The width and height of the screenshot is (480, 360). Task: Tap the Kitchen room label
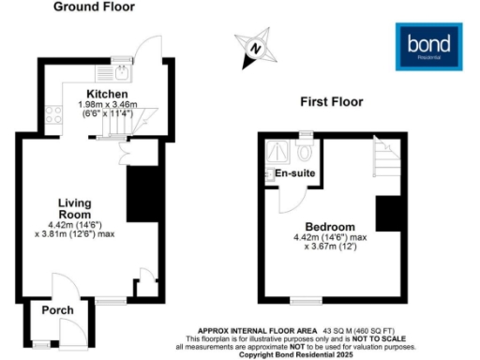tap(100, 95)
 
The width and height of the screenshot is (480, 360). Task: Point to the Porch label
tap(58, 310)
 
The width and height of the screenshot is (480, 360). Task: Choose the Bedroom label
tap(329, 227)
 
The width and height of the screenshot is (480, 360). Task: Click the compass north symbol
tap(255, 49)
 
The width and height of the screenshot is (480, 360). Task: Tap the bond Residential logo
tap(429, 46)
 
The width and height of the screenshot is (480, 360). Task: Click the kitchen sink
tap(123, 69)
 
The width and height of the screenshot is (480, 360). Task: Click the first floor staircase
tap(385, 159)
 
